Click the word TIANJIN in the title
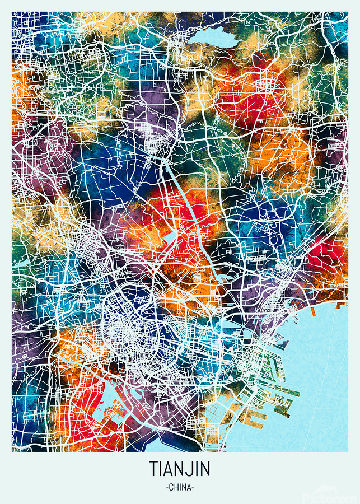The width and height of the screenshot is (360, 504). coord(180,469)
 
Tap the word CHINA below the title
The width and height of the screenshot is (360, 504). coord(180,487)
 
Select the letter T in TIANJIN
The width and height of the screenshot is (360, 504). coord(153,469)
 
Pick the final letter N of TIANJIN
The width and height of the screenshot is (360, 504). coord(206,469)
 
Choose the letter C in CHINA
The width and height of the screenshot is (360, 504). coord(171,487)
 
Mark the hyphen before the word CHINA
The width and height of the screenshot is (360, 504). coord(167,487)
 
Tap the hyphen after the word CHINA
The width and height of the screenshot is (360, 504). coord(193,487)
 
